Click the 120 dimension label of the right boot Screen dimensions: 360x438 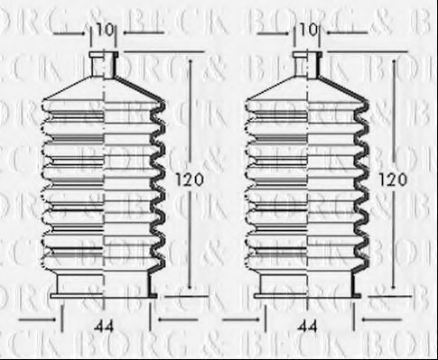pos(393,180)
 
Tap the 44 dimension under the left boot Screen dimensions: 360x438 pos(107,325)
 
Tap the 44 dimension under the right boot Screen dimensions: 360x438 pos(309,325)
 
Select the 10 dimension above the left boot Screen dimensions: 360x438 pos(105,31)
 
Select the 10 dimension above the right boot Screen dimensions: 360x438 pos(310,31)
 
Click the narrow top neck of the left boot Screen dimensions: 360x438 pos(105,64)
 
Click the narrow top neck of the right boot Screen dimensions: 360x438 pos(307,64)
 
